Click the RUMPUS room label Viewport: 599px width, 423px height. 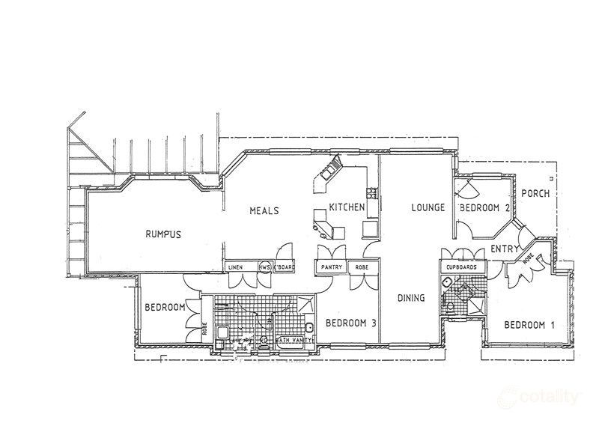point(163,234)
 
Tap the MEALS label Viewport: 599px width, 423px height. point(264,211)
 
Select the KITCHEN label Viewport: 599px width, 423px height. point(346,207)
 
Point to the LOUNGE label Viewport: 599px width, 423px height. point(428,207)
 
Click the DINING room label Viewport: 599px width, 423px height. point(410,298)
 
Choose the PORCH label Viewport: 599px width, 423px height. point(535,193)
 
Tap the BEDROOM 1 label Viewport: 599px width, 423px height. point(529,325)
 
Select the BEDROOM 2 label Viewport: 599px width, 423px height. point(485,207)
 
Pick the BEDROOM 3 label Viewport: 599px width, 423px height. point(350,323)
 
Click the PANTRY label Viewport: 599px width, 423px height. point(331,267)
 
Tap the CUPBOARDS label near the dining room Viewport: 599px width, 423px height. point(461,267)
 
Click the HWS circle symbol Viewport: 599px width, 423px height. point(264,267)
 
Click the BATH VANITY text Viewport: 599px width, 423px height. point(293,341)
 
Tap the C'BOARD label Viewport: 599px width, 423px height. point(283,267)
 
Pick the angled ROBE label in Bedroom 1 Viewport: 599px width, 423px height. point(529,259)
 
